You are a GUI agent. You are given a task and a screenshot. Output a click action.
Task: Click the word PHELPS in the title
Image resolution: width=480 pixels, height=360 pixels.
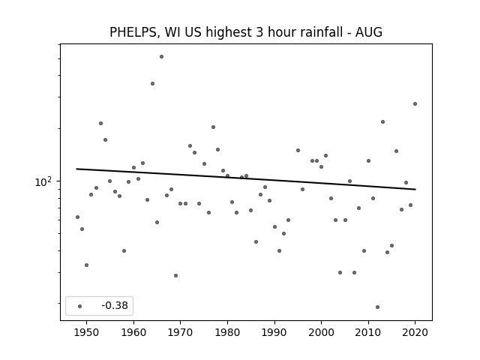(x=133, y=32)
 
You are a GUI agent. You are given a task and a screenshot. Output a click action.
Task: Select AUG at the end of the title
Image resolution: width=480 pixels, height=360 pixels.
(x=368, y=32)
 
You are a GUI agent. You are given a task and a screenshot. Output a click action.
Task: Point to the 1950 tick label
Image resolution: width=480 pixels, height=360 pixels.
(x=87, y=332)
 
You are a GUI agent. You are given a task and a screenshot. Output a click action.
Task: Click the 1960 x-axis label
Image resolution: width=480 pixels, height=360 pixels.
(x=133, y=332)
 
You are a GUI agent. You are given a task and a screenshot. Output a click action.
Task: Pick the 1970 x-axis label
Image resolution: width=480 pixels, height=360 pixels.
(x=181, y=332)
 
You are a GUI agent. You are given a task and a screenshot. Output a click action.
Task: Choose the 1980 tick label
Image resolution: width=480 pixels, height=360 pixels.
(x=227, y=332)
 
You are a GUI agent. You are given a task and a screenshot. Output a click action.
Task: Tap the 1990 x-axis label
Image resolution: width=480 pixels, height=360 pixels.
(x=274, y=332)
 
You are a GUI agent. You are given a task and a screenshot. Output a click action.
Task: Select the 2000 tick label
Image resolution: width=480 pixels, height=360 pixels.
(x=322, y=332)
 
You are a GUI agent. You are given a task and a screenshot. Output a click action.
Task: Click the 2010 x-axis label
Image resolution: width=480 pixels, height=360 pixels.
(x=368, y=332)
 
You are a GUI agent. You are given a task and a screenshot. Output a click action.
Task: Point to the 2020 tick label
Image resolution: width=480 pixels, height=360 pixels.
(x=415, y=332)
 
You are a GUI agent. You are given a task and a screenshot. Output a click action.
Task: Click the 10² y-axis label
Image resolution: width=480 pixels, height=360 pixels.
(x=43, y=181)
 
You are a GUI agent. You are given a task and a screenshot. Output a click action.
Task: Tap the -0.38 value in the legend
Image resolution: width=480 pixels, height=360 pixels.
(x=115, y=305)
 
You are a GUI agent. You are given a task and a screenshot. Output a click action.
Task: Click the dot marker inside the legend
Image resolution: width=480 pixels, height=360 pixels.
(x=80, y=306)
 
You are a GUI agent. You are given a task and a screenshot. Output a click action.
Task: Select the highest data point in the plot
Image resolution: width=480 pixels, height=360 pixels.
(x=162, y=57)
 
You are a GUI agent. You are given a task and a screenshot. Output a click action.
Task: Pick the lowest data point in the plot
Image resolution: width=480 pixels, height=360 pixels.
(x=377, y=307)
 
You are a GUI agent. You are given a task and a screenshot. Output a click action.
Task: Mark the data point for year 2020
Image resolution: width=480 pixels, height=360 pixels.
(x=415, y=103)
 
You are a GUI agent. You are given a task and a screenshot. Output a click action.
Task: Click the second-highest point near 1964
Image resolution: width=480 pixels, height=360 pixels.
(x=152, y=83)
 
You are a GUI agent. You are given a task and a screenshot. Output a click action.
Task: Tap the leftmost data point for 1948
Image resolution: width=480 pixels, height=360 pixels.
(x=77, y=217)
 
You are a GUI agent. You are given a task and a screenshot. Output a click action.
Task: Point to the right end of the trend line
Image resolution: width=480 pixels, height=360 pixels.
(x=415, y=190)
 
